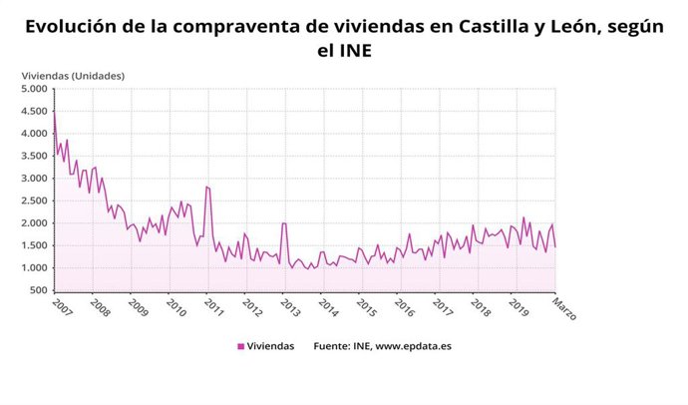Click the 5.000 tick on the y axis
(33, 89)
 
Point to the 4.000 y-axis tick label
(33, 134)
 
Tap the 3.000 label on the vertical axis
(33, 179)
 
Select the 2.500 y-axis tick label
(33, 201)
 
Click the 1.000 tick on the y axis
(33, 268)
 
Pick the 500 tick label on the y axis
(38, 290)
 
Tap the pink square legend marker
(240, 346)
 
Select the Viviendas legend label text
(270, 346)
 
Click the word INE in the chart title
(356, 48)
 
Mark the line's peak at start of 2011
(206, 187)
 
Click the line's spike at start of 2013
(284, 223)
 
